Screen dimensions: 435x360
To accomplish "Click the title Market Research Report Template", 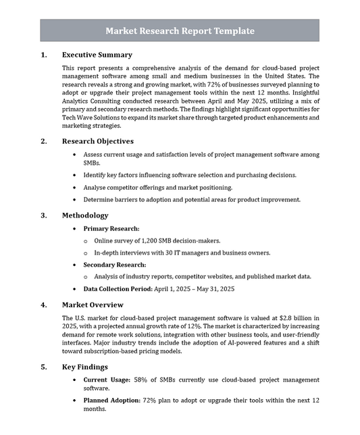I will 180,30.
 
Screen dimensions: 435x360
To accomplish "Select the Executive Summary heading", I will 97,55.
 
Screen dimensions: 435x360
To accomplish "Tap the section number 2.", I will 43,141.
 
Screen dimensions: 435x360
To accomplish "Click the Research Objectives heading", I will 97,141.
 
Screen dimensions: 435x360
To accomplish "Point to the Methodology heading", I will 84,215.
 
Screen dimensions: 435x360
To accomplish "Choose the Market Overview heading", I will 93,305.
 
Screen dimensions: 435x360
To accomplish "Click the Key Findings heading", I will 84,367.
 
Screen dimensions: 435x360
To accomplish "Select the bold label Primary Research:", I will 111,229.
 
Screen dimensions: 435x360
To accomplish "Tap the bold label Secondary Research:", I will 114,265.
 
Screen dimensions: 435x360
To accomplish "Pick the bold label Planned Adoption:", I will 111,401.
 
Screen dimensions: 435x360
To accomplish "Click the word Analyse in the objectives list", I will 96,187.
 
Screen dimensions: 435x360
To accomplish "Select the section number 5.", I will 43,367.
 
